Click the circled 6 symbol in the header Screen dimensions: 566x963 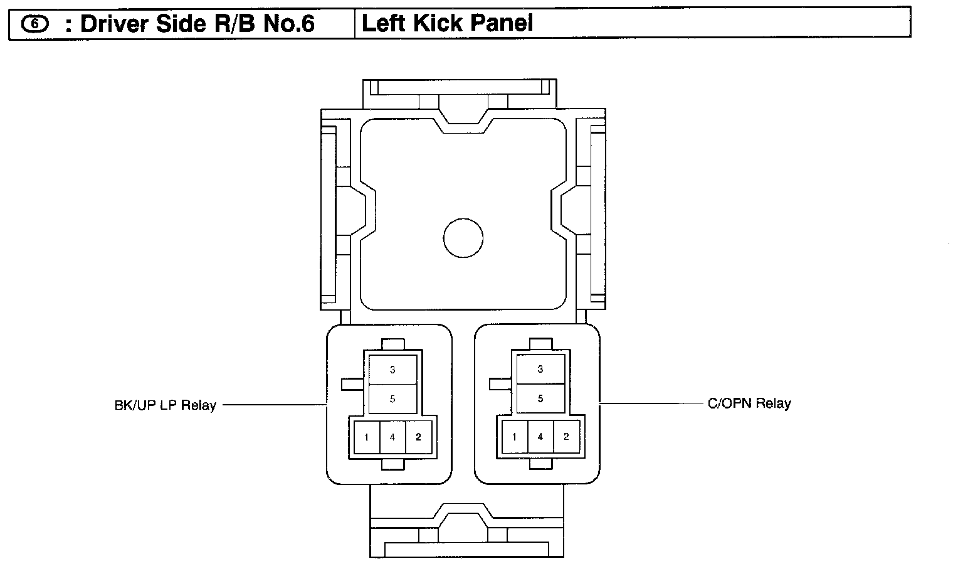click(35, 24)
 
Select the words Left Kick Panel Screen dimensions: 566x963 click(448, 24)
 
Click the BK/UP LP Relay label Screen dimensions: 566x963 click(165, 405)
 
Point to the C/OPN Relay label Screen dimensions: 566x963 click(749, 403)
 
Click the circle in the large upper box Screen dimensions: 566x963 click(463, 238)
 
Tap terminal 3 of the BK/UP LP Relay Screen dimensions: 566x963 click(392, 370)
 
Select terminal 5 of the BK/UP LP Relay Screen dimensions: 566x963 click(392, 399)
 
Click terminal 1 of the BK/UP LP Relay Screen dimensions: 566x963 click(367, 437)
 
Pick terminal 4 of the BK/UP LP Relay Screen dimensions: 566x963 click(392, 437)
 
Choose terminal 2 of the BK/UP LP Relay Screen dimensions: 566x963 click(418, 437)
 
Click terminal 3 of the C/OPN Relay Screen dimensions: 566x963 click(540, 370)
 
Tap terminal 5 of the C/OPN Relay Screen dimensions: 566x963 click(540, 398)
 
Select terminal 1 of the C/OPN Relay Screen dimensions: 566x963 click(515, 437)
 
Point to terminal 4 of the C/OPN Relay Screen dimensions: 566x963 click(540, 437)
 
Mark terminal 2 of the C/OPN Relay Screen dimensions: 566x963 click(566, 437)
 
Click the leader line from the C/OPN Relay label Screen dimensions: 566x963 click(652, 403)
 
